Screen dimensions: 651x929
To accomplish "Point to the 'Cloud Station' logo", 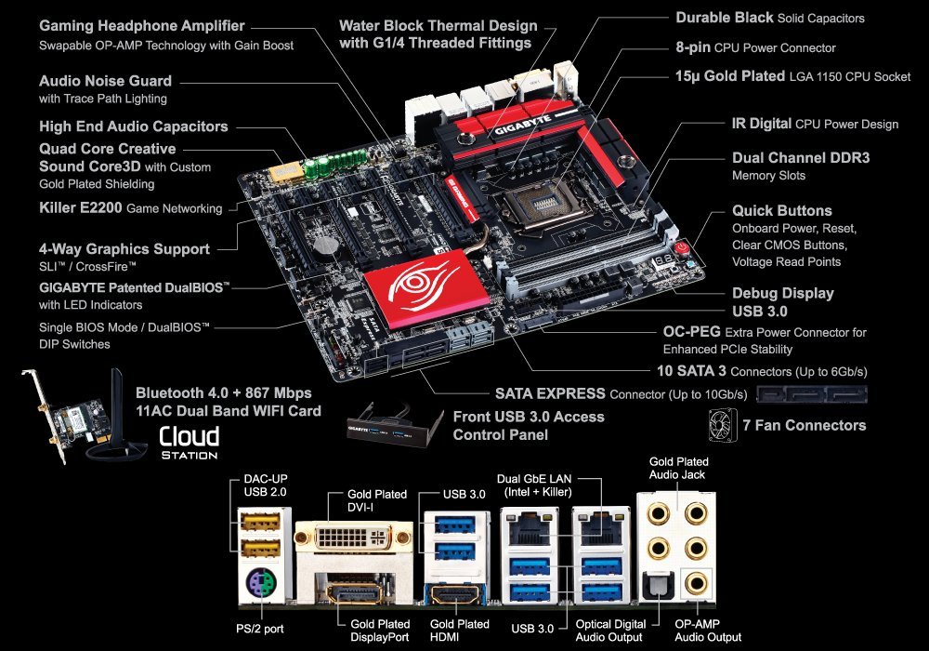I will [x=189, y=443].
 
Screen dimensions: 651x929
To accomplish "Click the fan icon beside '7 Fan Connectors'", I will [x=726, y=425].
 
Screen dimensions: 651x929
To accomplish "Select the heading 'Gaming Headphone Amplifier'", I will [x=142, y=26].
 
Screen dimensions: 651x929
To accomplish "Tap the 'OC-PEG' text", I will [x=688, y=332].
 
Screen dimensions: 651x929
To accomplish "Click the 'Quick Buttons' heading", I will [x=781, y=211].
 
